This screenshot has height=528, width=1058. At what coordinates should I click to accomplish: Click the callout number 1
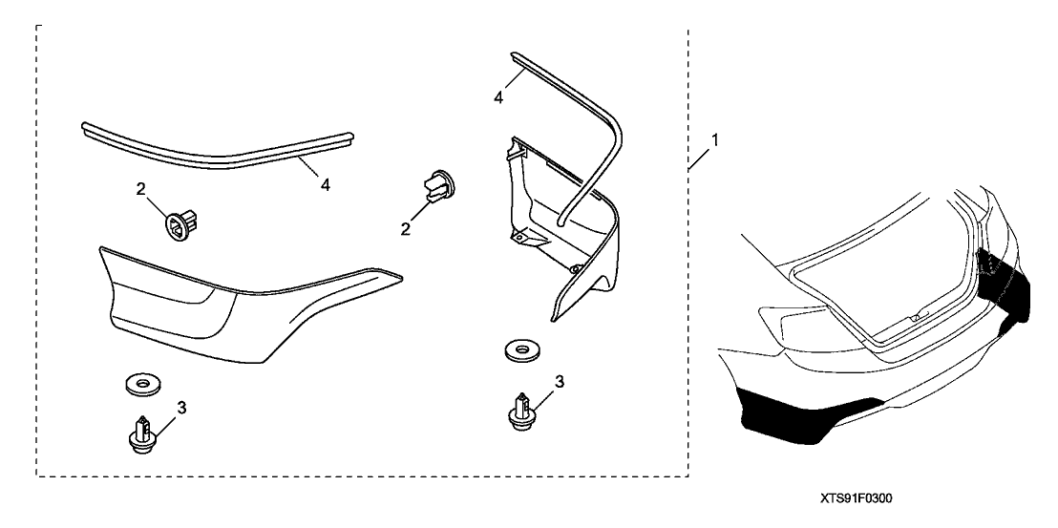(x=715, y=139)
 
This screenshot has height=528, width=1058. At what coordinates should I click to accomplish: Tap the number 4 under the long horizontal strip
(x=325, y=185)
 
